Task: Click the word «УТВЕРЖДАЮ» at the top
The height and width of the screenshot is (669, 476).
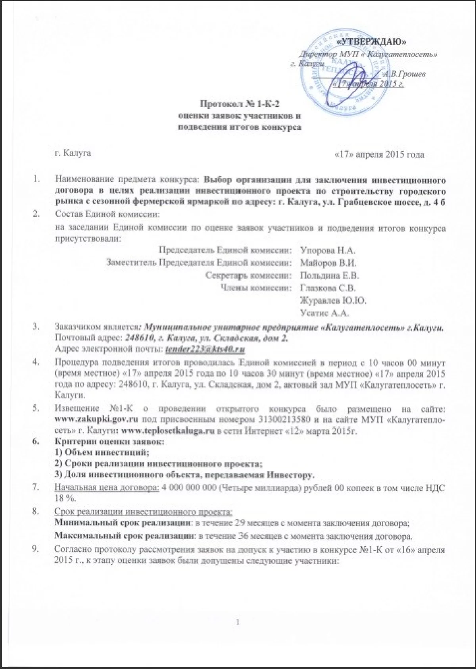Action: (372, 41)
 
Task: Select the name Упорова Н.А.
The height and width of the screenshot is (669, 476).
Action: (328, 250)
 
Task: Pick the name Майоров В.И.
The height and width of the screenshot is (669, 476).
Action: (329, 263)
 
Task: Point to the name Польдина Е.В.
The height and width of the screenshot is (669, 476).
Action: (330, 275)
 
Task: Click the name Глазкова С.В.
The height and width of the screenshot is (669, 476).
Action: (328, 288)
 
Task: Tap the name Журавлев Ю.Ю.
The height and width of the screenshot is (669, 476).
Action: (333, 300)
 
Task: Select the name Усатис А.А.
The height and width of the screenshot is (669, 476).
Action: (325, 313)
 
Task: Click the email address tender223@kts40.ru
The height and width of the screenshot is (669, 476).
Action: (205, 349)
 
